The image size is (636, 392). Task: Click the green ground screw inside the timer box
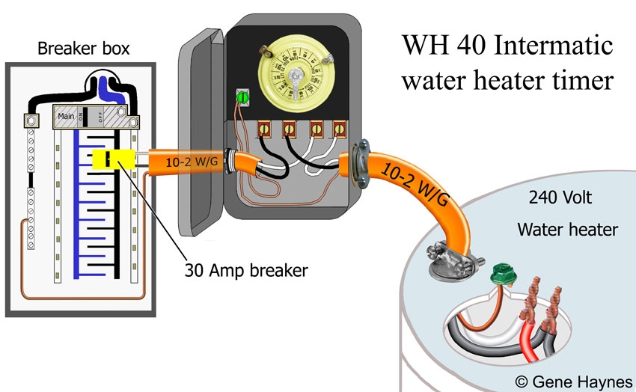pyautogui.click(x=242, y=99)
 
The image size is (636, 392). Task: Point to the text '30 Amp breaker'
pyautogui.click(x=246, y=270)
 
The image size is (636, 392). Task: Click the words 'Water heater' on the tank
pyautogui.click(x=567, y=229)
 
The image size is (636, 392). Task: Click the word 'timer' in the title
pyautogui.click(x=587, y=80)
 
